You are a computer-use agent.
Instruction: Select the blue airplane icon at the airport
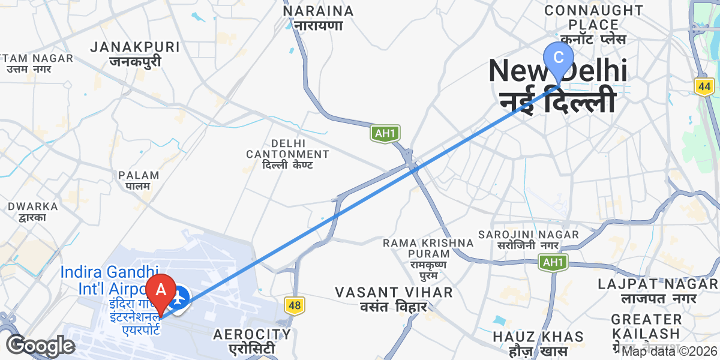(x=179, y=297)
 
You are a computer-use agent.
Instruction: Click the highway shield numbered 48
(x=294, y=306)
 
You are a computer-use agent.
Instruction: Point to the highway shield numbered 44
(x=704, y=86)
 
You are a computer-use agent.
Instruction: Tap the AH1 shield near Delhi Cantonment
(x=385, y=133)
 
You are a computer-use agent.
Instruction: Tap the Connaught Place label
(x=593, y=25)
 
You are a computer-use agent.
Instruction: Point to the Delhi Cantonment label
(x=287, y=154)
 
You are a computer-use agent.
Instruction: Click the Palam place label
(x=139, y=181)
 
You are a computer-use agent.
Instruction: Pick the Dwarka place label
(x=33, y=211)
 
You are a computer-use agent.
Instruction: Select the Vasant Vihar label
(x=394, y=299)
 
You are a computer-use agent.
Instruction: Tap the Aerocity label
(x=252, y=341)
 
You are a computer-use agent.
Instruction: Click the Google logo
(x=41, y=346)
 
